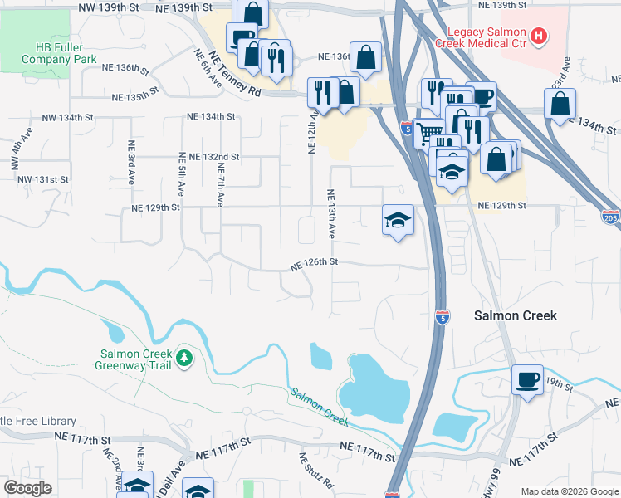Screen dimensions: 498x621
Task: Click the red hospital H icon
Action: [539, 36]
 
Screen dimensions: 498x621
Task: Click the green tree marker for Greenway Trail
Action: [184, 359]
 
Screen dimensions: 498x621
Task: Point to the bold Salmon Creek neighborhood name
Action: [515, 315]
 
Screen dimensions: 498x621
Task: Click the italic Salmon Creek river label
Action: [320, 407]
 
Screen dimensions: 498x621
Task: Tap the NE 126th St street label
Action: [314, 262]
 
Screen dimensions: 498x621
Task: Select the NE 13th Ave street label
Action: [331, 214]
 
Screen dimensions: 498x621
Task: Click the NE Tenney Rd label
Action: [235, 77]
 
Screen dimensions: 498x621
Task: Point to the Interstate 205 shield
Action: [609, 217]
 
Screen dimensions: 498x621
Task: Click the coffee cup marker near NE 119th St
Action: [527, 379]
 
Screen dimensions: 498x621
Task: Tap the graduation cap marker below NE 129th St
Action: [398, 220]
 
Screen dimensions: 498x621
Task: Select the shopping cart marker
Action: [428, 131]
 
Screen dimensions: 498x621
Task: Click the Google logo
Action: [27, 487]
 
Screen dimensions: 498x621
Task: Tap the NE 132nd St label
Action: [214, 156]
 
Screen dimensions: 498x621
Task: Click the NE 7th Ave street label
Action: [220, 184]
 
